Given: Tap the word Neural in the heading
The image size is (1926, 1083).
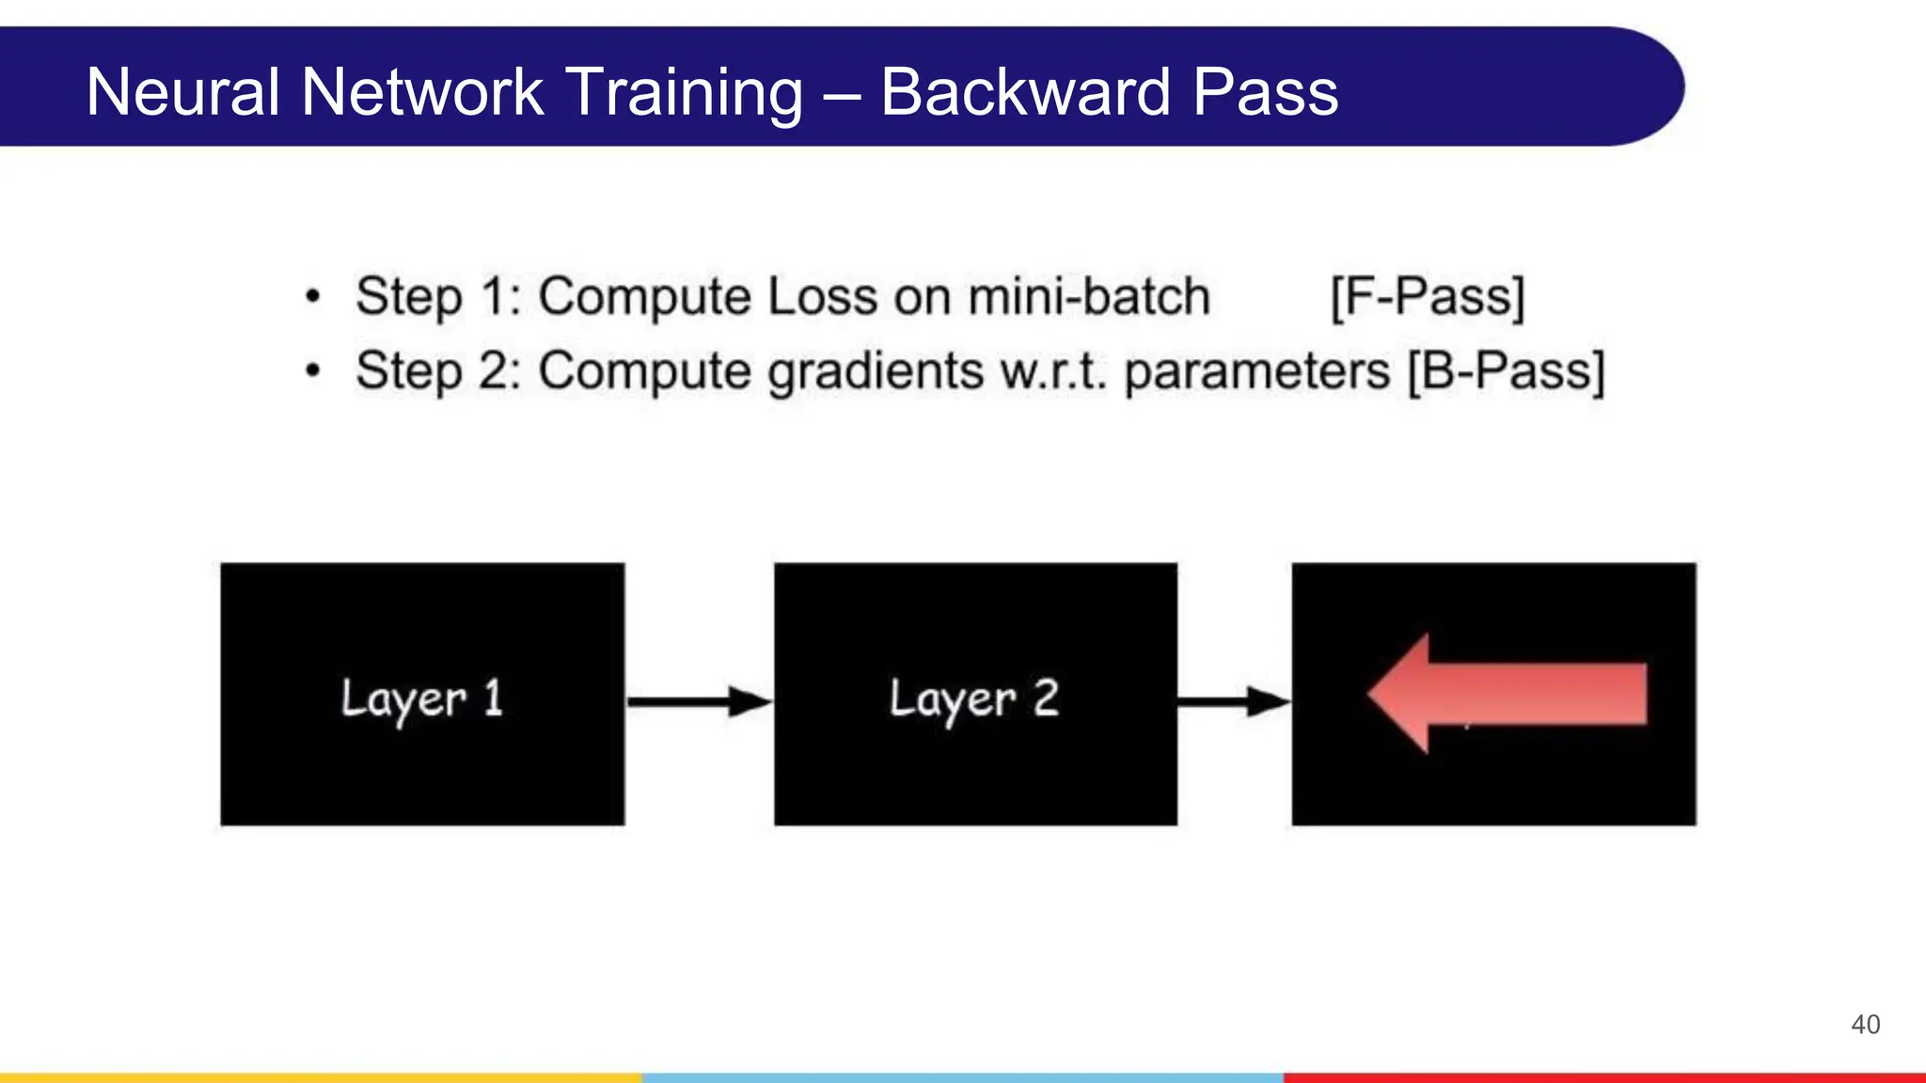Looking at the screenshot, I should (182, 92).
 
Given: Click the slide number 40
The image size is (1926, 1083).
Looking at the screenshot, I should (1865, 1025).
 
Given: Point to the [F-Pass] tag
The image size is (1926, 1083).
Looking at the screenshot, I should (1427, 297).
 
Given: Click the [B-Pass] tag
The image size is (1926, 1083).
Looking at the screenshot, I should (1506, 370).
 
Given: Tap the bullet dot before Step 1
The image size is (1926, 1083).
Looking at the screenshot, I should (313, 298).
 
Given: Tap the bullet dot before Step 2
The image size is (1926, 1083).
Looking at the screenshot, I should (313, 371).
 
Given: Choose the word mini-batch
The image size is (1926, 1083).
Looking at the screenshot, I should (1088, 297).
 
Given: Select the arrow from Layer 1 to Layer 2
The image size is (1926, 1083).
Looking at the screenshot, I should (699, 701).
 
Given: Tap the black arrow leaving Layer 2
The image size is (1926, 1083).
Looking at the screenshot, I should (1233, 701).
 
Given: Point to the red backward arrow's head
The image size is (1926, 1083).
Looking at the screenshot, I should (1401, 694).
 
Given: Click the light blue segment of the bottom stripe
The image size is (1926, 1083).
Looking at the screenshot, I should (962, 1077).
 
